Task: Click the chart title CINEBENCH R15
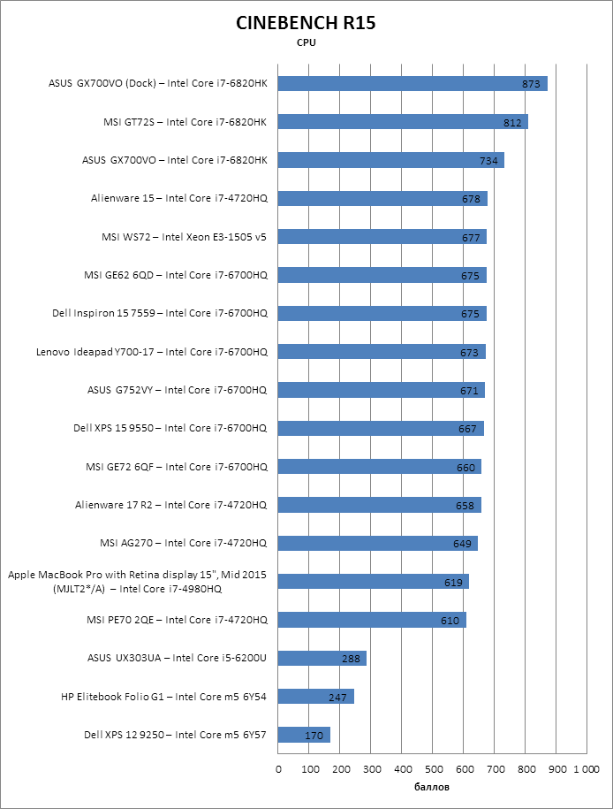[x=306, y=23]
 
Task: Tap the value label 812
[x=512, y=122]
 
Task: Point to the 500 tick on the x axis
[x=433, y=769]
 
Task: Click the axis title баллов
[x=433, y=786]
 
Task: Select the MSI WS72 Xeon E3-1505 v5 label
[x=184, y=237]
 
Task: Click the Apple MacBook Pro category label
[x=138, y=582]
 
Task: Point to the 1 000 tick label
[x=587, y=769]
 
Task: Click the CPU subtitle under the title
[x=306, y=42]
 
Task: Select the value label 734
[x=489, y=161]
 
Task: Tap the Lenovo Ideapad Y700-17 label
[x=151, y=352]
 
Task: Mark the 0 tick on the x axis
[x=278, y=769]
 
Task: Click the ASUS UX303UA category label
[x=177, y=658]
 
